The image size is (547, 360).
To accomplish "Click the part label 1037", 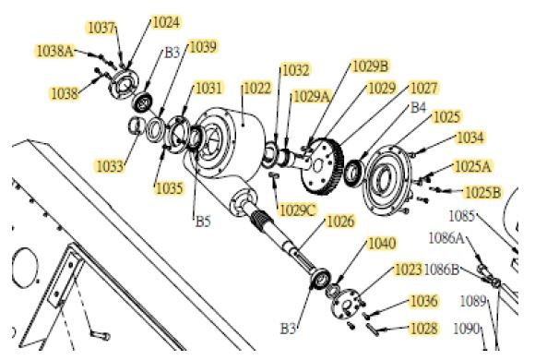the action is (101, 28).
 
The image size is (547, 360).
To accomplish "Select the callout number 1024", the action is (166, 22).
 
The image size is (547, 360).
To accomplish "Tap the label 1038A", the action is (55, 52).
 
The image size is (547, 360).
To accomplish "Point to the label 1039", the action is (202, 46).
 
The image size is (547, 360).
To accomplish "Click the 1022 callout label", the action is (257, 89).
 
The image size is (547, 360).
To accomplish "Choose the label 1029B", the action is (370, 66).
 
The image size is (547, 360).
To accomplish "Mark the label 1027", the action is (423, 88).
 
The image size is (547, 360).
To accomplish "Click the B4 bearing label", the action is (418, 107).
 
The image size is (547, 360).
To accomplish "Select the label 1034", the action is (470, 138).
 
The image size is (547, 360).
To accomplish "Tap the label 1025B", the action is (483, 192).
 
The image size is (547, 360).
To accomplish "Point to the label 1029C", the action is (298, 210).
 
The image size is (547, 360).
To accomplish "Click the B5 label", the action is (203, 221).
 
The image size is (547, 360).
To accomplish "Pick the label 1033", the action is (110, 166).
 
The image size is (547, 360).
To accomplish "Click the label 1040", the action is (382, 243).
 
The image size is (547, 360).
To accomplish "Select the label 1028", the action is (423, 329).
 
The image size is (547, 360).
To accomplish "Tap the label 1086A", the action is (446, 238).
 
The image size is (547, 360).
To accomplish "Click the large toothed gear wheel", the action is (322, 166).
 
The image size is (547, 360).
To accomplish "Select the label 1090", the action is (467, 329).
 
